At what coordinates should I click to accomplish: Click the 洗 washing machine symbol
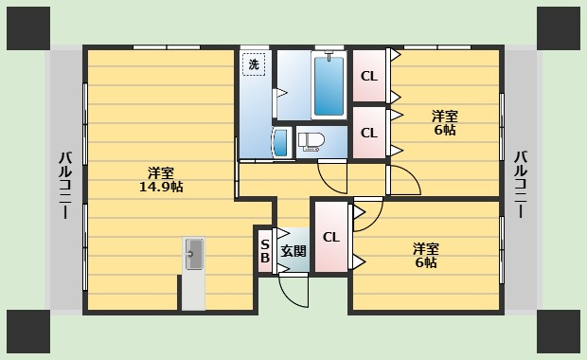[x=254, y=64]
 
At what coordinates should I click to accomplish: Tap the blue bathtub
[x=329, y=85]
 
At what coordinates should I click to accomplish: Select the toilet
[x=309, y=142]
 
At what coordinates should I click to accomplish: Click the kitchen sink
[x=194, y=254]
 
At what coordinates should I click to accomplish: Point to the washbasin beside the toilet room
[x=282, y=143]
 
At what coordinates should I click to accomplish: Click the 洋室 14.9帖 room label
[x=161, y=180]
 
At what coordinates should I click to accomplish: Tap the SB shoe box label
[x=265, y=251]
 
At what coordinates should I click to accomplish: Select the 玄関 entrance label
[x=293, y=251]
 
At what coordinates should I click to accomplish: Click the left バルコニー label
[x=65, y=185]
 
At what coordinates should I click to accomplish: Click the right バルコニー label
[x=521, y=184]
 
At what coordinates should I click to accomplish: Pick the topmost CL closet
[x=369, y=76]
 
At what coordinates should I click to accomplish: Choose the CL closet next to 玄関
[x=331, y=237]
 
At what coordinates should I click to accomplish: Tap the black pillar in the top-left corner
[x=28, y=28]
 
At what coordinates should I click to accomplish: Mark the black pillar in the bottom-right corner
[x=559, y=332]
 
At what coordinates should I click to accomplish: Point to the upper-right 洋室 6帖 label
[x=445, y=123]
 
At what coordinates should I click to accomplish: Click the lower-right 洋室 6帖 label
[x=426, y=256]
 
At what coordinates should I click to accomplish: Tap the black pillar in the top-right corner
[x=559, y=28]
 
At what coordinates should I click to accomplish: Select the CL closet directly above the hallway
[x=369, y=133]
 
